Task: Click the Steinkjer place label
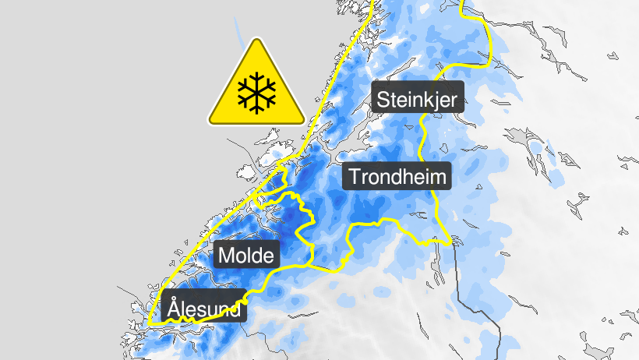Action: coord(418,99)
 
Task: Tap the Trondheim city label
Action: coord(398,177)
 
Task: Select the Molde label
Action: coord(247,255)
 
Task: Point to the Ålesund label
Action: coord(205,309)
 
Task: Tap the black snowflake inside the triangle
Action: coord(256,92)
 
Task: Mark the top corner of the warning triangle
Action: coord(256,41)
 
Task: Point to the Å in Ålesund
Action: coord(175,309)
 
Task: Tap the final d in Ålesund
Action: coord(237,310)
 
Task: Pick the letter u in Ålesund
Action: coord(214,311)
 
